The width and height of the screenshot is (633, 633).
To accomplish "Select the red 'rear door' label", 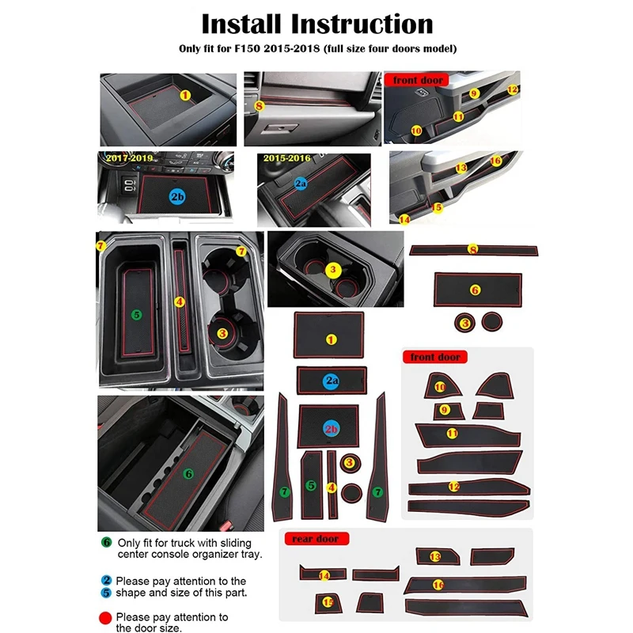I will click(x=316, y=539).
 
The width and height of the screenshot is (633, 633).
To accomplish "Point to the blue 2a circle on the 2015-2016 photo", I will click(x=301, y=184).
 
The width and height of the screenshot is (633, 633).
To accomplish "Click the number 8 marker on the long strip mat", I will click(x=473, y=249).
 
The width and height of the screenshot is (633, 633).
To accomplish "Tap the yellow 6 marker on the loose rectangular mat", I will click(x=475, y=290).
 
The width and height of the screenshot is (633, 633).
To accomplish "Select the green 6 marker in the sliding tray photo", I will click(x=188, y=473).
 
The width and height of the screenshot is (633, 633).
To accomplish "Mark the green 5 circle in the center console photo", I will click(x=136, y=314).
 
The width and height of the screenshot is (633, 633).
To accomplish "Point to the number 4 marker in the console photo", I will click(x=180, y=301).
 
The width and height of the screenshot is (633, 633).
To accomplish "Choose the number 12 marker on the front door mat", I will click(x=453, y=487).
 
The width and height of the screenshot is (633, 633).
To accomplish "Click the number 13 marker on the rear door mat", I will click(x=435, y=557).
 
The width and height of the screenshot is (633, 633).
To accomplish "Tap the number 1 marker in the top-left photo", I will click(x=185, y=95).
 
